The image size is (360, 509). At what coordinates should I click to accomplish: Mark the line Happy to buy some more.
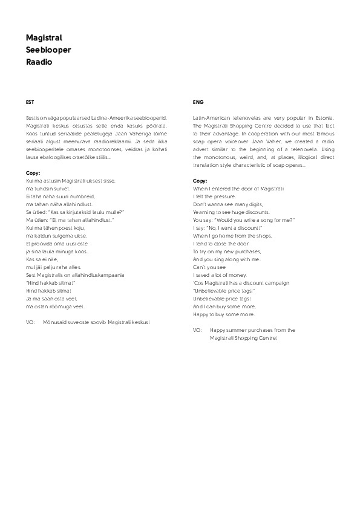click(223, 314)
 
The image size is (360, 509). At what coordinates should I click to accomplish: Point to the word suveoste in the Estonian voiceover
click(86, 322)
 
